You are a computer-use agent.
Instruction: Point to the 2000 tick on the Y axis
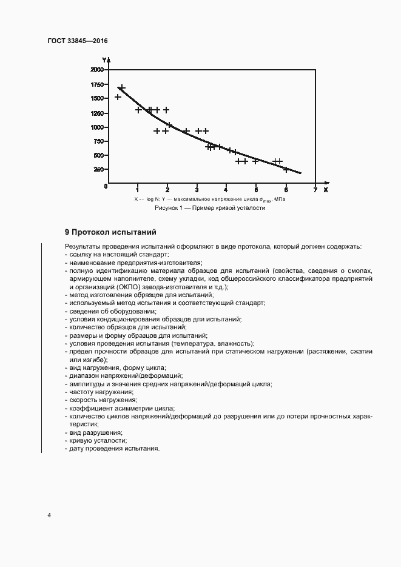tap(97, 70)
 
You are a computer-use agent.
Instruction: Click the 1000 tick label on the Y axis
tap(97, 127)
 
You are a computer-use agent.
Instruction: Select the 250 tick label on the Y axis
tap(99, 170)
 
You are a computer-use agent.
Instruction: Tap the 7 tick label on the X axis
tap(315, 190)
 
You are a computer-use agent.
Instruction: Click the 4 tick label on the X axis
tap(226, 190)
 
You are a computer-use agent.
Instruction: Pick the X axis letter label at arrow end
tap(326, 190)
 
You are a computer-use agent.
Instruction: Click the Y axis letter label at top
tap(104, 59)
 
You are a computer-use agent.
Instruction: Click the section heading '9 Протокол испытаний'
tap(111, 232)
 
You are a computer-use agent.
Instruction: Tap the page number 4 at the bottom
tap(50, 515)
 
